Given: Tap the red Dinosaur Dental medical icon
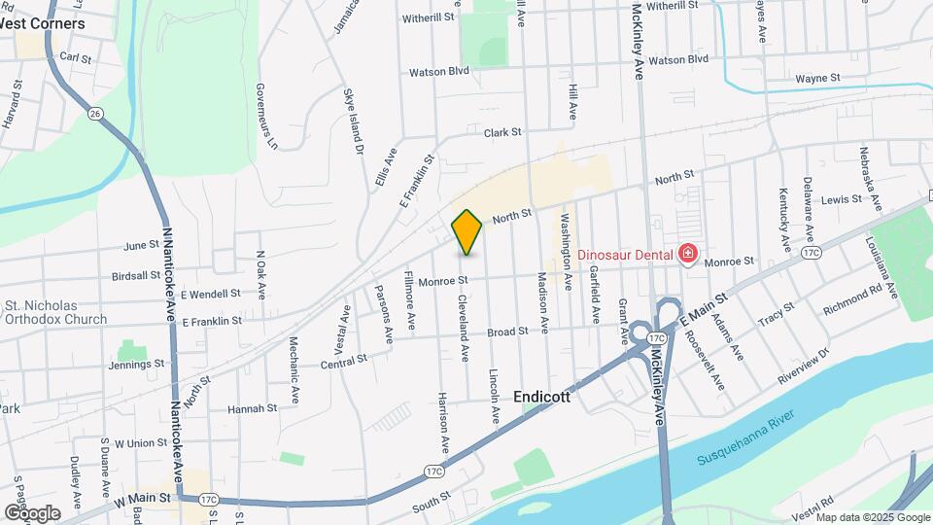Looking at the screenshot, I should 688,255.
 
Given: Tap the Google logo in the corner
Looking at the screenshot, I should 32,512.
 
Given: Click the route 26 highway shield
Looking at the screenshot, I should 94,114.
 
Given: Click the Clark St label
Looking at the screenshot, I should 503,132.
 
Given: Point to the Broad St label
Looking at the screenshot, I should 507,332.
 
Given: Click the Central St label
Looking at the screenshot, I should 344,360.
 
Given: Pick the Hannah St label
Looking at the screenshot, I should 253,408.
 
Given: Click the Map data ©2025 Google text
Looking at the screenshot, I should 872,517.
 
